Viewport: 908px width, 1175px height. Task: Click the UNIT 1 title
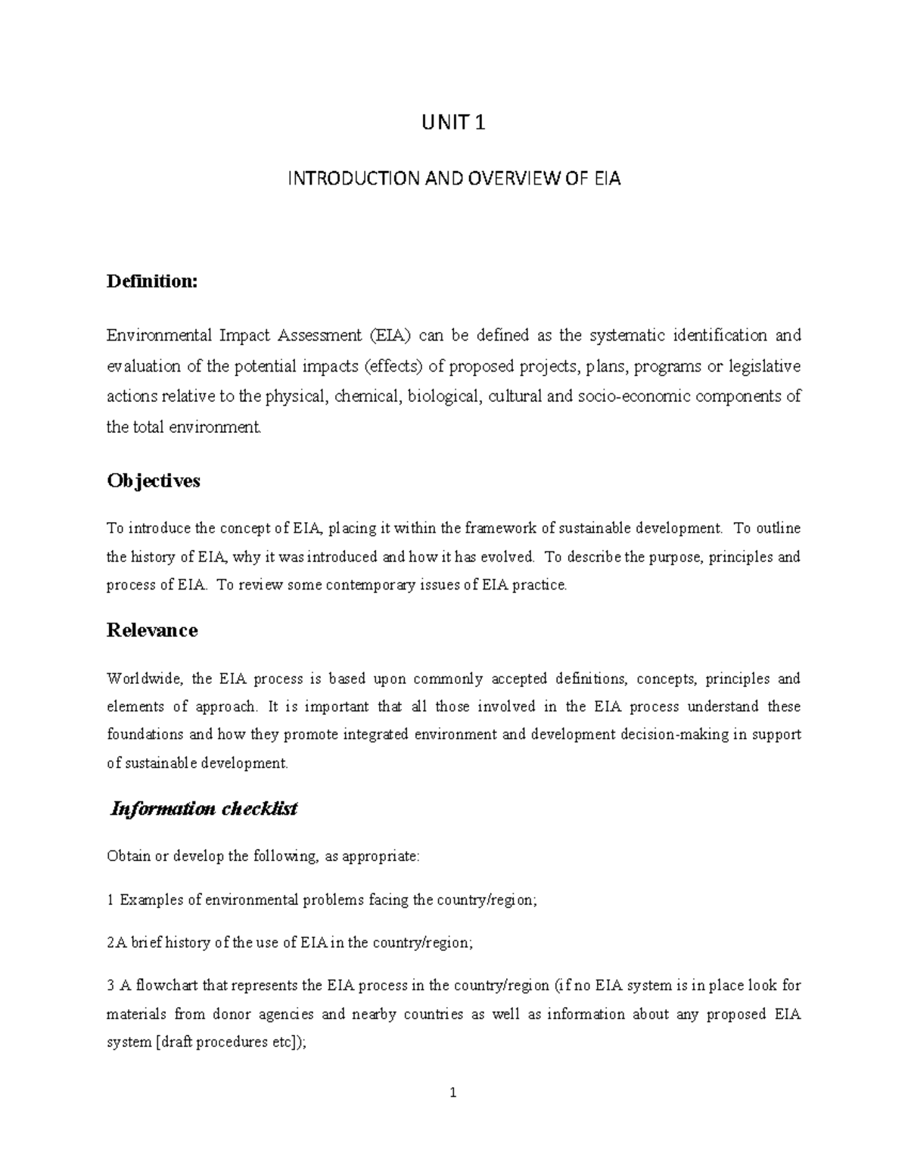click(x=453, y=122)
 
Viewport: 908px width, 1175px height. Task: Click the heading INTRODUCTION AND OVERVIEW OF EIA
click(x=453, y=179)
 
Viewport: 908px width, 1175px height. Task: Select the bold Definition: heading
click(x=152, y=281)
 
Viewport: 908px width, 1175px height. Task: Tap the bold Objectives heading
click(x=154, y=480)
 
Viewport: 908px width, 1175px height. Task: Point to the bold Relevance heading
click(x=152, y=630)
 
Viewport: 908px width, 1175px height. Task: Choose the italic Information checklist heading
click(x=204, y=809)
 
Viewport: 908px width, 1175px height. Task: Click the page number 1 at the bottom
click(x=453, y=1093)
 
